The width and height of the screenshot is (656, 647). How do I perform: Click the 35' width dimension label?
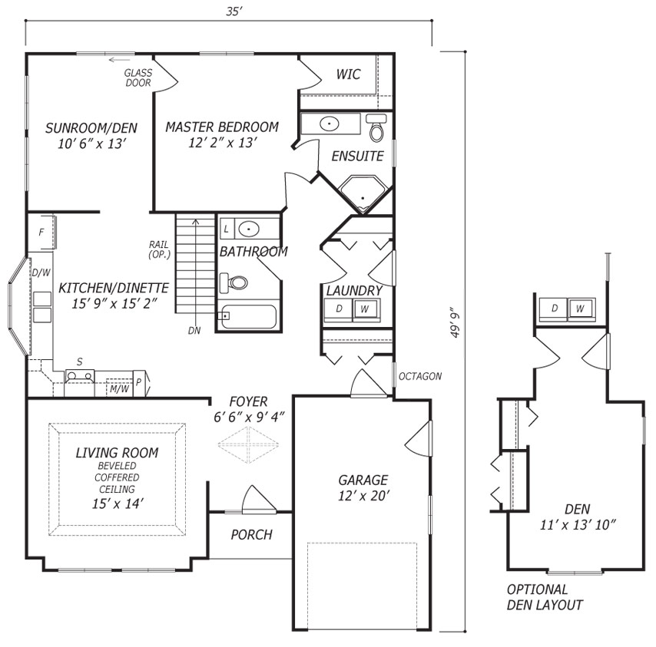pos(234,12)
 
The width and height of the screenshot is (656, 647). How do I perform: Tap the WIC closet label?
pos(348,74)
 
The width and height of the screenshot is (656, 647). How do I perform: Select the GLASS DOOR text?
pos(138,78)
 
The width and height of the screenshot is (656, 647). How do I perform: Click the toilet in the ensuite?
pos(376,127)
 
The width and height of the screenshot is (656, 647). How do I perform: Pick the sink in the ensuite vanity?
pos(330,124)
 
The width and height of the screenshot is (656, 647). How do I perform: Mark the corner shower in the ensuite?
pos(363,193)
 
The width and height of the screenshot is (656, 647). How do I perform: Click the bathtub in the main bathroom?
pos(249,316)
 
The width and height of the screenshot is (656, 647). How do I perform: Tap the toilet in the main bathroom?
pos(234,283)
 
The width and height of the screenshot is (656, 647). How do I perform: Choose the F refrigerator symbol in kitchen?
pos(41,233)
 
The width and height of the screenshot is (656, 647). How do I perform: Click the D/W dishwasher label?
pos(41,273)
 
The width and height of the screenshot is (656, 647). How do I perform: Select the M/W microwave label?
pos(119,389)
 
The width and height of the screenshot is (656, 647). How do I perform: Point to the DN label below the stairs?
pos(194,331)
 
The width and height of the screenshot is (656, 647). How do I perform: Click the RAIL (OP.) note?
pos(159,249)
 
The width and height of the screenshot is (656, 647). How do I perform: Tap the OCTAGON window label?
pos(420,377)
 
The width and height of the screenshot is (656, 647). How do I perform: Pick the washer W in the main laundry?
pos(365,309)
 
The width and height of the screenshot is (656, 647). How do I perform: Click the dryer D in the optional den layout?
pos(554,309)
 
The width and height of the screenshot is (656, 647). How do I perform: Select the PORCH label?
pos(251,535)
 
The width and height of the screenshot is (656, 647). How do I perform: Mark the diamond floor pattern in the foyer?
pos(249,444)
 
